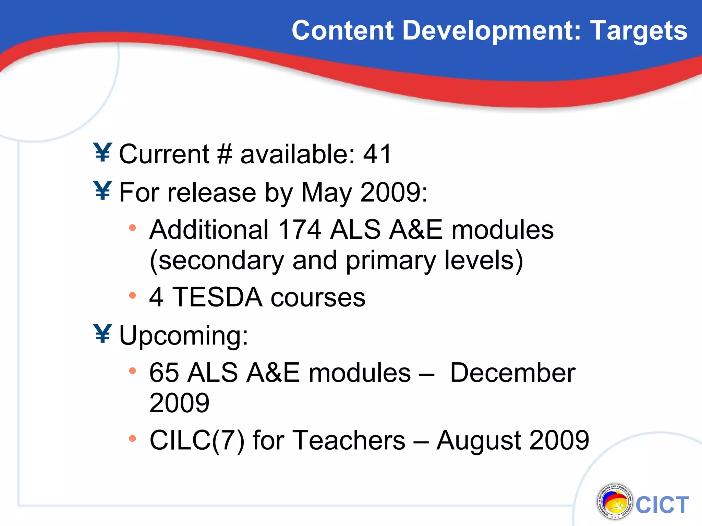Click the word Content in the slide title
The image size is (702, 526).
point(342,31)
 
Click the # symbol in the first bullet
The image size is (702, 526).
point(225,154)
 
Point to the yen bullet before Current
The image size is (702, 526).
point(102,152)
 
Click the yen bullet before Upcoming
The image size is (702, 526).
point(102,334)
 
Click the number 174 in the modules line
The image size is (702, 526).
point(300,229)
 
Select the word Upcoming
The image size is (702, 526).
point(183,336)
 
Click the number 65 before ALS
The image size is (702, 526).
point(164,373)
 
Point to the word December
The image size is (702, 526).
point(512,373)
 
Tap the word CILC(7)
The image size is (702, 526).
point(197,440)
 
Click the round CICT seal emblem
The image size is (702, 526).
point(614,502)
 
